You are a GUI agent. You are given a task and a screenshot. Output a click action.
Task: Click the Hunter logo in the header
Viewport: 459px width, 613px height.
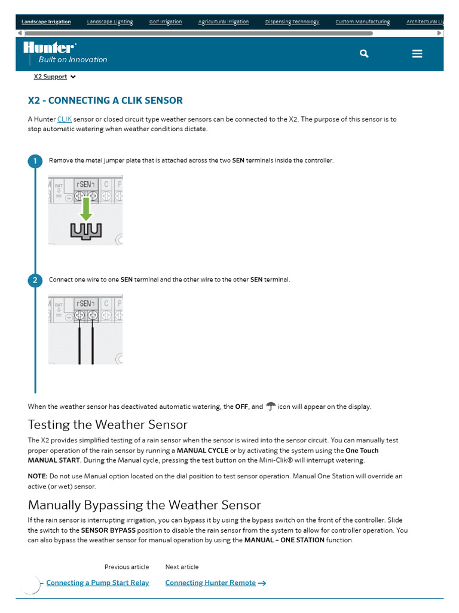click(x=50, y=47)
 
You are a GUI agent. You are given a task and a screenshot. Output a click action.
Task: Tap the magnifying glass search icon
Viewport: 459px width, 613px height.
click(x=364, y=54)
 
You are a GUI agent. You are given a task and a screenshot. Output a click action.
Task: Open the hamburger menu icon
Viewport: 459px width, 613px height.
click(x=417, y=54)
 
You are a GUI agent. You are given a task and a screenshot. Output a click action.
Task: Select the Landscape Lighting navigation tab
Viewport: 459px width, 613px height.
click(x=110, y=22)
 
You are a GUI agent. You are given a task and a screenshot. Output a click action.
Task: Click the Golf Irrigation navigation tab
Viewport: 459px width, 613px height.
click(x=166, y=22)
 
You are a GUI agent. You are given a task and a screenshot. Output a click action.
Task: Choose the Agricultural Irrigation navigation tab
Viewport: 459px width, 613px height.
click(x=224, y=22)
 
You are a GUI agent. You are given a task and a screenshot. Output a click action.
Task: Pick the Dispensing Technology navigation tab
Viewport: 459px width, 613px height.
click(x=292, y=22)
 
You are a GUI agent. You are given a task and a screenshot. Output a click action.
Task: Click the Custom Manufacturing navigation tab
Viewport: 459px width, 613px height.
click(x=362, y=22)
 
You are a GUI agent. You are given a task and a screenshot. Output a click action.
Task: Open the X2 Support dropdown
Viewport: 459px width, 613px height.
click(x=54, y=77)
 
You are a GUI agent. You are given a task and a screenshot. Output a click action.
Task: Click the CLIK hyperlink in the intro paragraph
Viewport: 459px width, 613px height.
click(x=64, y=120)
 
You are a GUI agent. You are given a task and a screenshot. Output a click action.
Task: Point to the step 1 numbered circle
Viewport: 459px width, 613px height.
click(x=35, y=161)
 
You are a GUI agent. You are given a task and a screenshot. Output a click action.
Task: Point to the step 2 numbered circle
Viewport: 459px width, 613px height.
click(x=35, y=280)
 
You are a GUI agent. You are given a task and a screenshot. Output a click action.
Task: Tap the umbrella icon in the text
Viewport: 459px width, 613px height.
click(x=271, y=406)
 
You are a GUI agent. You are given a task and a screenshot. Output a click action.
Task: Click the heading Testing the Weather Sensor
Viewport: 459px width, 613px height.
click(x=108, y=424)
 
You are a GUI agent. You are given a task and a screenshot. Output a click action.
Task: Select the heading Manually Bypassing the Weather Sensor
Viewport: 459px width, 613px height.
click(x=144, y=505)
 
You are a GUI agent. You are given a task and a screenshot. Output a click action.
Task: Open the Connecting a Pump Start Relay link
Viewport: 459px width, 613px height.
click(x=97, y=583)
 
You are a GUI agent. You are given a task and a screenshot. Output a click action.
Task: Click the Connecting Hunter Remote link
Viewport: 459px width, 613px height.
click(x=210, y=583)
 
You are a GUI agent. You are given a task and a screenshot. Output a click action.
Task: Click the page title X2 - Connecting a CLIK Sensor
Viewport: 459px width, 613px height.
click(x=105, y=101)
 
